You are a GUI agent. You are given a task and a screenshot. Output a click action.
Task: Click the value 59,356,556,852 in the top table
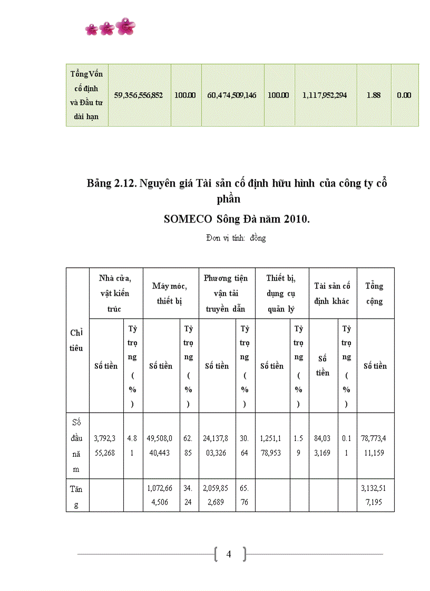coord(139,95)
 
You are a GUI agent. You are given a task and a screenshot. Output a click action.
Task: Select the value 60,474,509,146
coord(232,95)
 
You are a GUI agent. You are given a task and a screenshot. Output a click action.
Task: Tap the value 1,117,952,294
coord(325,95)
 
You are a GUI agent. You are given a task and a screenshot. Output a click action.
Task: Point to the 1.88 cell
coord(374,95)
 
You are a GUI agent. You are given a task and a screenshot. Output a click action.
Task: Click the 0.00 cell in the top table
coord(404,95)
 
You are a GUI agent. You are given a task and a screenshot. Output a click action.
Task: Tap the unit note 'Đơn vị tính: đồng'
coord(236,238)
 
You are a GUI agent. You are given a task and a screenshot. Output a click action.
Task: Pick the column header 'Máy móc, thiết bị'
coord(170,293)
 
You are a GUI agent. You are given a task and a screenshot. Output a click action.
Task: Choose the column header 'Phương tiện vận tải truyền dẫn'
coord(226,293)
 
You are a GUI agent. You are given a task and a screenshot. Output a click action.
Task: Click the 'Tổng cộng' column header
coord(375,293)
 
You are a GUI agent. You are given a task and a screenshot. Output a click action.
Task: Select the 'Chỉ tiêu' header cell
coord(76,340)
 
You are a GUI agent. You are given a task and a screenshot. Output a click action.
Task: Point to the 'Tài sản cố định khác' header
coord(332,293)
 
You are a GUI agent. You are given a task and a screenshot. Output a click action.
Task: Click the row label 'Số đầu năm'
coord(76,445)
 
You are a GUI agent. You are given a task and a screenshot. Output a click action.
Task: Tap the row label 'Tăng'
coord(76,496)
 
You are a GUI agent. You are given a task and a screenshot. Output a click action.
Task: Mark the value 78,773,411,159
coord(375,445)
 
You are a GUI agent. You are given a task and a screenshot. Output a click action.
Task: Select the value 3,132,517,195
coord(375,496)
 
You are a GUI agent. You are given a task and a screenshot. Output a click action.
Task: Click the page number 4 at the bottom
coord(229,554)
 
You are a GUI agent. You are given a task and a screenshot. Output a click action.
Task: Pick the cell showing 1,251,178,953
coord(272,445)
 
